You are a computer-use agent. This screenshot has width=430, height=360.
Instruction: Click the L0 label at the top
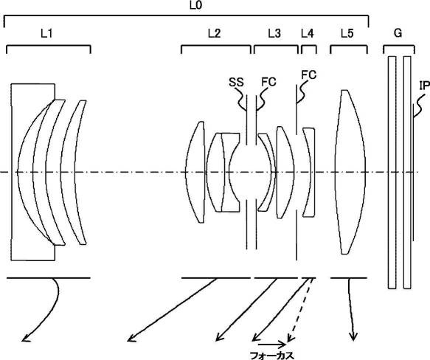pyautogui.click(x=195, y=5)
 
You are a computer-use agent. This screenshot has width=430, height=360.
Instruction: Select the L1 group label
pyautogui.click(x=46, y=33)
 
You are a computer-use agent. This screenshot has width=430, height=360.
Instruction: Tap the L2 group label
pyautogui.click(x=214, y=33)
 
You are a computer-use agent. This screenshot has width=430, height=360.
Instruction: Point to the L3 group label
pyautogui.click(x=274, y=33)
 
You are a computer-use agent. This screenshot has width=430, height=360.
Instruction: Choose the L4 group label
pyautogui.click(x=307, y=33)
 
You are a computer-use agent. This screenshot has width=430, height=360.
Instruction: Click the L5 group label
pyautogui.click(x=347, y=33)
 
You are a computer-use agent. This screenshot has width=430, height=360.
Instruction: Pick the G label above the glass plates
pyautogui.click(x=398, y=33)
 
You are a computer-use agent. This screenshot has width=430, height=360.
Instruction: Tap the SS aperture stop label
pyautogui.click(x=236, y=82)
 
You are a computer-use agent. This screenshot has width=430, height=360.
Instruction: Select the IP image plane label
pyautogui.click(x=424, y=86)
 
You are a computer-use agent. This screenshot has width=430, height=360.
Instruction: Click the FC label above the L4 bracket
pyautogui.click(x=309, y=75)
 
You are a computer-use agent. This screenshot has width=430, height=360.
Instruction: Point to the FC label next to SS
pyautogui.click(x=268, y=82)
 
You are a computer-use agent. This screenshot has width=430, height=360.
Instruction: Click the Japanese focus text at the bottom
pyautogui.click(x=271, y=356)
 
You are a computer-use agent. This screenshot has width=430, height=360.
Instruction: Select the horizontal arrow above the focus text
pyautogui.click(x=272, y=344)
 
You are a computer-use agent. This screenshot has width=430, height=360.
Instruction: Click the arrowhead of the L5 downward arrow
pyautogui.click(x=353, y=336)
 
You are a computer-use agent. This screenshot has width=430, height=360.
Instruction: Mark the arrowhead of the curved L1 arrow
pyautogui.click(x=25, y=339)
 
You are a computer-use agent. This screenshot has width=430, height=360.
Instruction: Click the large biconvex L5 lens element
pyautogui.click(x=350, y=172)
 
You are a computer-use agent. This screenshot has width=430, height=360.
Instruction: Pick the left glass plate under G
pyautogui.click(x=392, y=173)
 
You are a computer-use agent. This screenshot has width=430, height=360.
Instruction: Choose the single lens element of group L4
pyautogui.click(x=309, y=172)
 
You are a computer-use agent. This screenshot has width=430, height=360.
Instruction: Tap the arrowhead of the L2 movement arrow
pyautogui.click(x=131, y=339)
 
